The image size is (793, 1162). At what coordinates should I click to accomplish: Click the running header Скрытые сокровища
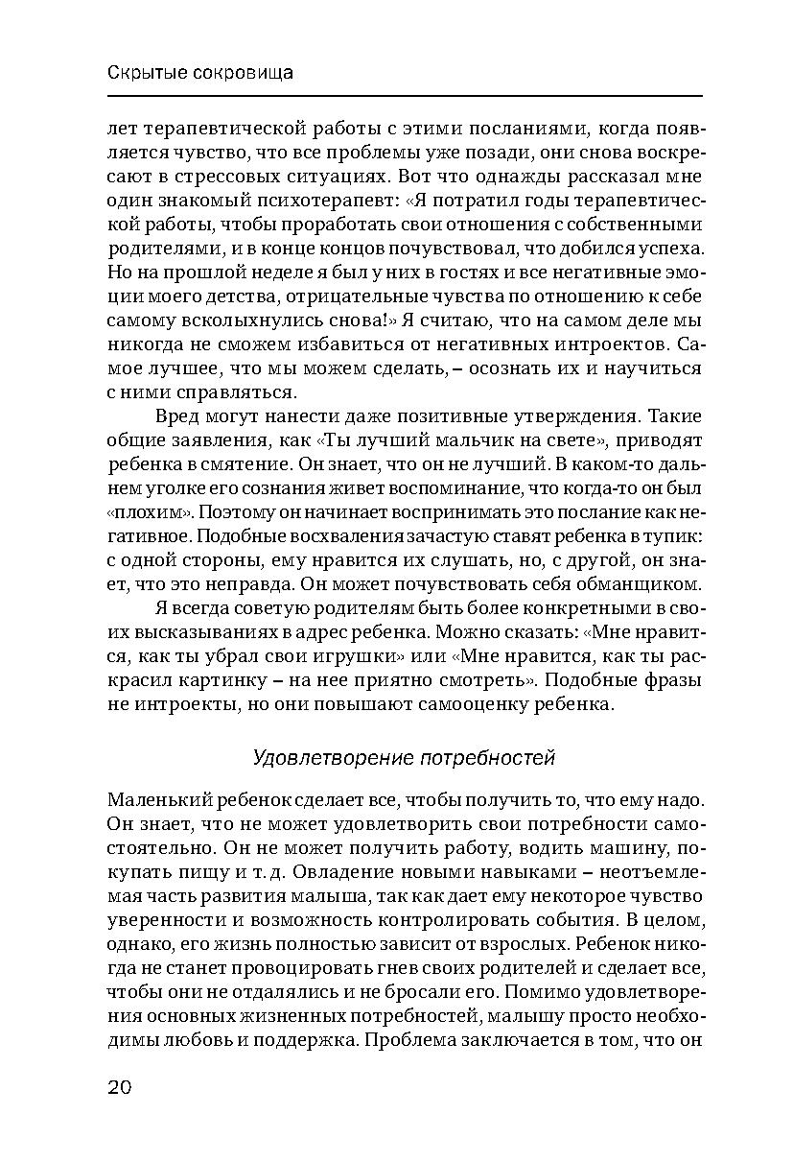click(x=199, y=73)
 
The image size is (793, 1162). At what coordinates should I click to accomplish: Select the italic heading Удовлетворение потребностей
click(x=404, y=758)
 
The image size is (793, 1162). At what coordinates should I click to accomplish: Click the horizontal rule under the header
click(x=404, y=95)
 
